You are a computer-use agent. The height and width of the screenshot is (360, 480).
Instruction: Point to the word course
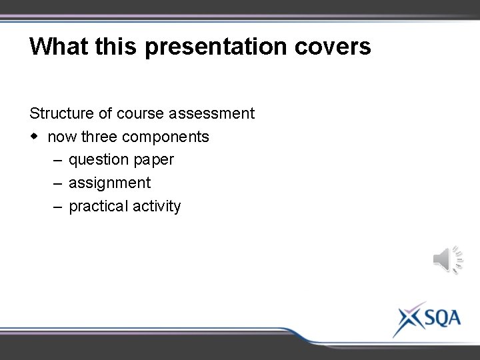point(140,113)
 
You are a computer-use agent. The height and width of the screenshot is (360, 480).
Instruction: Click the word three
point(99,137)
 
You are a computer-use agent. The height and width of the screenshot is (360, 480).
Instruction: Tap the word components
point(166,137)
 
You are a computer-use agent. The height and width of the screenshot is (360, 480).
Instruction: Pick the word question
point(98,160)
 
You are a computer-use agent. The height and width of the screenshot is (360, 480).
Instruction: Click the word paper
point(153,160)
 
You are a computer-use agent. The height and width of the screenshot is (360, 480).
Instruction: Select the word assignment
point(110,183)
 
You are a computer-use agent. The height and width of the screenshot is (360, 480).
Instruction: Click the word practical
point(98,206)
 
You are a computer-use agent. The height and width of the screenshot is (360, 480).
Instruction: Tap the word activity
point(157,206)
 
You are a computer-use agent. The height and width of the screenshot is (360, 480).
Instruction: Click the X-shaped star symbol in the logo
point(405,319)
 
